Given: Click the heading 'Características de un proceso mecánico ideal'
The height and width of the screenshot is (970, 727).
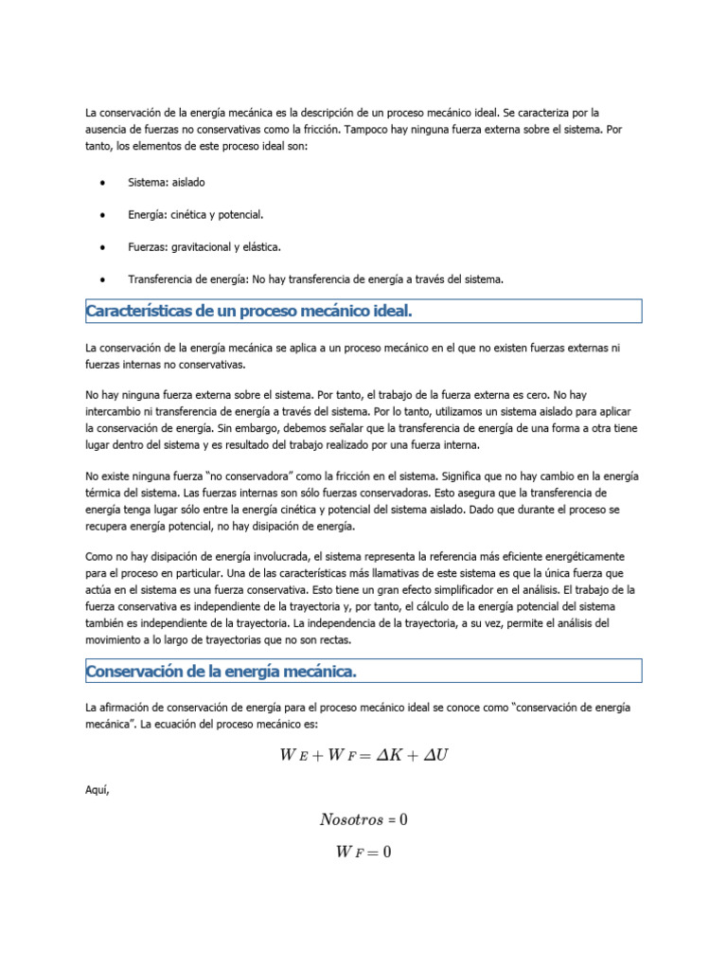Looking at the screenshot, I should (249, 312).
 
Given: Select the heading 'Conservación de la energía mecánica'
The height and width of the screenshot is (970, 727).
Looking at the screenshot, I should (221, 672).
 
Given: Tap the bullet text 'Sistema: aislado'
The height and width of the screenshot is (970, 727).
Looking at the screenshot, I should (166, 182).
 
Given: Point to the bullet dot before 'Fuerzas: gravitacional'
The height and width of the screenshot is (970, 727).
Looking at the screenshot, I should (101, 247).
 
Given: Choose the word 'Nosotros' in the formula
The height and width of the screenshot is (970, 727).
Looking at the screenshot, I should (350, 819).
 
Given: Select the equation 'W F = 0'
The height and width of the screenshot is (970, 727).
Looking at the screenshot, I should (363, 852).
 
